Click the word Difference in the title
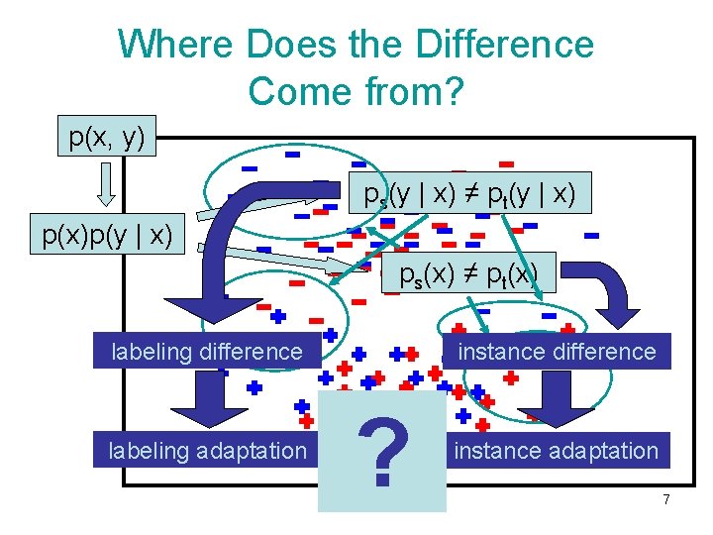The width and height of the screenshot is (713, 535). (505, 45)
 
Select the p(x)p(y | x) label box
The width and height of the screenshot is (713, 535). (107, 236)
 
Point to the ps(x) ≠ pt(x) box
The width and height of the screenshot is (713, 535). (469, 273)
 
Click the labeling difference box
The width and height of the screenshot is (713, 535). (207, 352)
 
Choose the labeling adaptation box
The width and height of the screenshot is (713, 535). (207, 451)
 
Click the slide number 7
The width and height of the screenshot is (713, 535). (666, 500)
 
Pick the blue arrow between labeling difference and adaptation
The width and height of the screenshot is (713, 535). (208, 400)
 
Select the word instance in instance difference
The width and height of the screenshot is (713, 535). (495, 352)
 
